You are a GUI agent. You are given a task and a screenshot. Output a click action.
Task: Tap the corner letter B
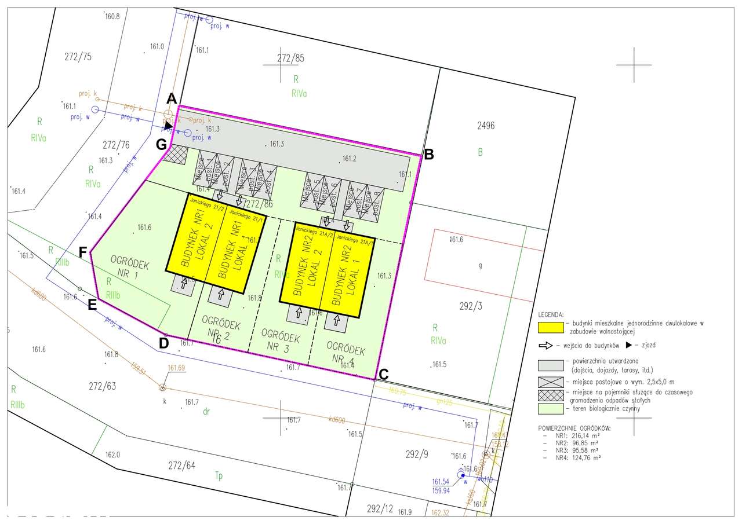point(429,155)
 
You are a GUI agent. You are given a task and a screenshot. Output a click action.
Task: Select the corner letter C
point(383,375)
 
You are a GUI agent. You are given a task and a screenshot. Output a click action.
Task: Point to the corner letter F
point(83,252)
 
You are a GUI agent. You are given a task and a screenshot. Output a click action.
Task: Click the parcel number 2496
point(486,126)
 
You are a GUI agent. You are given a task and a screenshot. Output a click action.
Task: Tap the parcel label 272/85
point(290,58)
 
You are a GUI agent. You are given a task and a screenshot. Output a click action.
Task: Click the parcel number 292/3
point(470,306)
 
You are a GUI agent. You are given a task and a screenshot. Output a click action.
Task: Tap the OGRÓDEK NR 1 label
point(130,269)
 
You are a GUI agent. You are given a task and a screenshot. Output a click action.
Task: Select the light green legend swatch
point(550,409)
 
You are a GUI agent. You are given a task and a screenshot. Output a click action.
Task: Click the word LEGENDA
point(551,314)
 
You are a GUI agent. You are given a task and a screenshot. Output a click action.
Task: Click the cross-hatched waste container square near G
point(174,154)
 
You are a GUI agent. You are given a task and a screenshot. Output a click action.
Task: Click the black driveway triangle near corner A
point(168,125)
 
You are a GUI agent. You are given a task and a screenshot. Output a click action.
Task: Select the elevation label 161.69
point(176,368)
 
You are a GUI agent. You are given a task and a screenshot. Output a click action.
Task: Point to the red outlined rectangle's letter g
point(480,266)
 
